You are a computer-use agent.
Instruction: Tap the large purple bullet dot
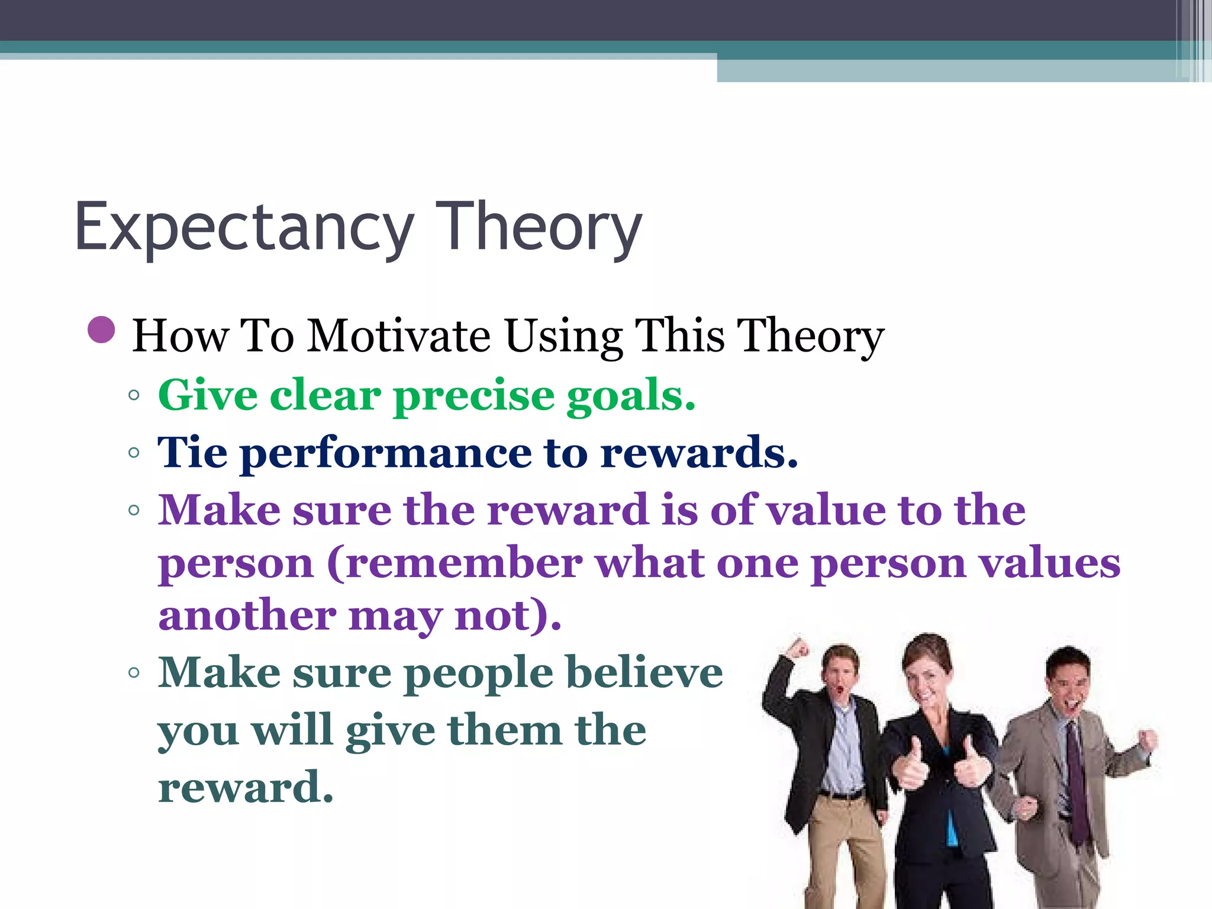point(101,330)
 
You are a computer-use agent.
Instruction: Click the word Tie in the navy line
point(192,452)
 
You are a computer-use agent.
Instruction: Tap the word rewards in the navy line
point(698,453)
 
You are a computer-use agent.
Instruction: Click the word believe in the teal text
point(644,673)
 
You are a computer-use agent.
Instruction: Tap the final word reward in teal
point(245,788)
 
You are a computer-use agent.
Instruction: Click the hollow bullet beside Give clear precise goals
point(134,395)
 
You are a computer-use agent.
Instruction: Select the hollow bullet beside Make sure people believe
point(134,673)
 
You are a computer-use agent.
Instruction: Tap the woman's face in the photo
point(928,675)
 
